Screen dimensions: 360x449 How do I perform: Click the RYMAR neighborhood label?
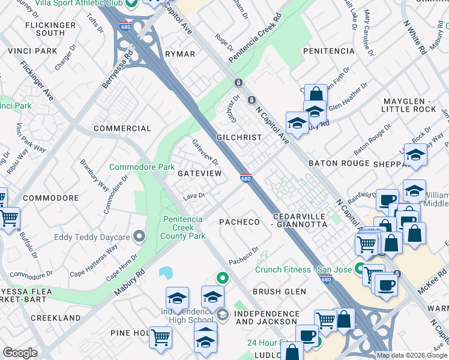[x=180, y=54]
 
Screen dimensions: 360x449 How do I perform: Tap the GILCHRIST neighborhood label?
[x=239, y=137]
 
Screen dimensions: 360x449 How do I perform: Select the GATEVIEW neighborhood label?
[x=200, y=173]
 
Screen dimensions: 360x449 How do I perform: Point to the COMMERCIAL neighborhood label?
[x=122, y=128]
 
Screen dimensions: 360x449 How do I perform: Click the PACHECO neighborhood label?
[x=240, y=222]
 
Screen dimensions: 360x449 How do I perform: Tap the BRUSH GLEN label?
[x=279, y=292]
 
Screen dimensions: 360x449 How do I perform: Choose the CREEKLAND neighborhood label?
[x=55, y=317]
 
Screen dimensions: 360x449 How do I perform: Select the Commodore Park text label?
[x=142, y=167]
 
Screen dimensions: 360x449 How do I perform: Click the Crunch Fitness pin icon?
[x=360, y=269]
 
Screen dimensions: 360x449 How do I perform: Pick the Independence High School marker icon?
[x=222, y=315]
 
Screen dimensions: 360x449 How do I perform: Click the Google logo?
[x=20, y=353]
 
